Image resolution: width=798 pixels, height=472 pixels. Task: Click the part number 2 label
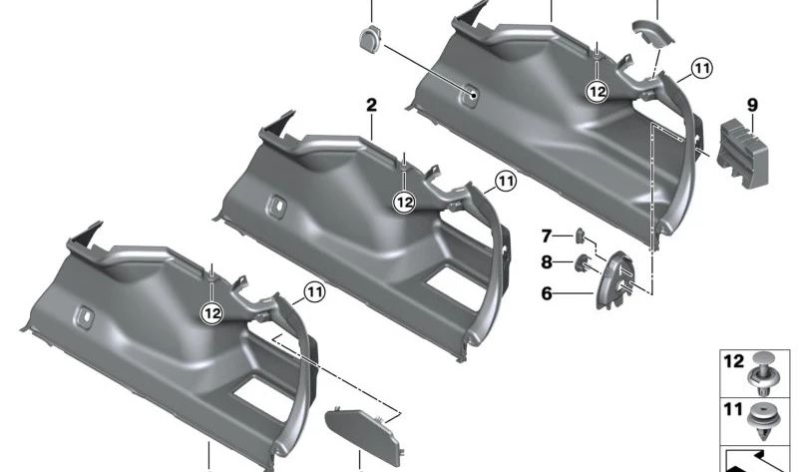(x=371, y=105)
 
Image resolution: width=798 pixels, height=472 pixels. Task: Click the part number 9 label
(x=751, y=105)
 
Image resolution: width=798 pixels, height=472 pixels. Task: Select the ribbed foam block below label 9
(x=744, y=150)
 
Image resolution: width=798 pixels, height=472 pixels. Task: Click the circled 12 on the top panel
(x=597, y=91)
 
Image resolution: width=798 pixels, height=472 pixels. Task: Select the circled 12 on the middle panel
(x=404, y=202)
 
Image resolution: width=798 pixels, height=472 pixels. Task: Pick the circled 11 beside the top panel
(x=702, y=69)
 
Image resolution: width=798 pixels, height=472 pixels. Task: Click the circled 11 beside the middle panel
(x=506, y=182)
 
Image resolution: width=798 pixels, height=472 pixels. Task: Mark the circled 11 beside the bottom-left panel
(x=315, y=293)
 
